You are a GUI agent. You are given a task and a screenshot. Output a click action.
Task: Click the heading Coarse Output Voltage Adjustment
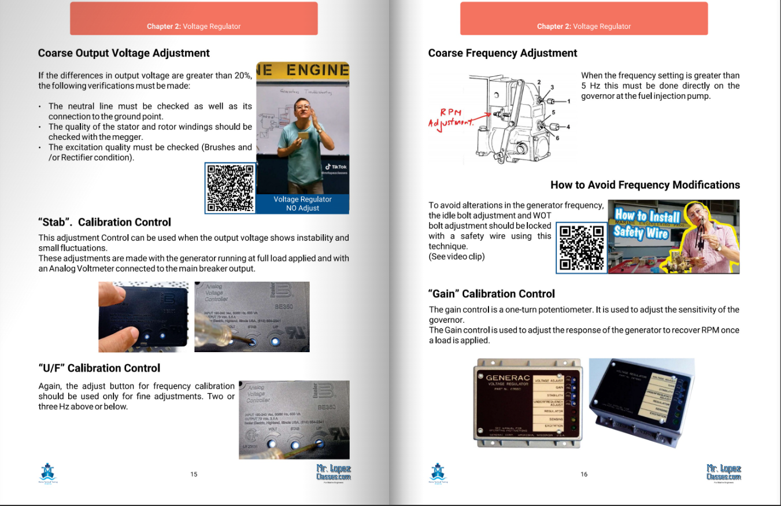click(x=124, y=53)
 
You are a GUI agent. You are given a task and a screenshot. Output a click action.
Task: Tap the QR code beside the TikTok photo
click(x=230, y=188)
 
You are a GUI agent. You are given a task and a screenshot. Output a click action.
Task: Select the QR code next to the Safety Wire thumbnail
click(x=582, y=248)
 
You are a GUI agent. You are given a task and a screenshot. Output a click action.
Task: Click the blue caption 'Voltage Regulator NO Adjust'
click(x=302, y=204)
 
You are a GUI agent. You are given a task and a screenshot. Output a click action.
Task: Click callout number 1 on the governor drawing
click(x=568, y=101)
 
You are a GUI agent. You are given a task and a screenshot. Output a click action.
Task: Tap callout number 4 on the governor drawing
click(x=568, y=127)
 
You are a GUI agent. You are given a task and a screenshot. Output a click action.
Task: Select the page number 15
click(x=194, y=474)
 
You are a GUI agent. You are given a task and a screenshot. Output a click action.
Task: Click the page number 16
click(x=584, y=474)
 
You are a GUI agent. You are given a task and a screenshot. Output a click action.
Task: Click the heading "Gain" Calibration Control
click(x=491, y=294)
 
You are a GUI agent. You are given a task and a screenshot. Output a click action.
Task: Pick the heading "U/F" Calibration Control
click(x=99, y=368)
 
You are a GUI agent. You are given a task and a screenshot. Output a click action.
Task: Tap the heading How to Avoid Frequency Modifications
click(x=645, y=185)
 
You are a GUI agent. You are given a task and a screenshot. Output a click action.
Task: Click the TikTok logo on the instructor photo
click(x=335, y=167)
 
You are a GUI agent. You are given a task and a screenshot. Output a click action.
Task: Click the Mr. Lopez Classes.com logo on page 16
click(x=723, y=472)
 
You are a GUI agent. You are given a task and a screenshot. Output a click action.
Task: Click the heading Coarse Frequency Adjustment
click(x=502, y=53)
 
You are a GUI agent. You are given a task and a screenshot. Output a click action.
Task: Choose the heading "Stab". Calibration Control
click(x=105, y=223)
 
